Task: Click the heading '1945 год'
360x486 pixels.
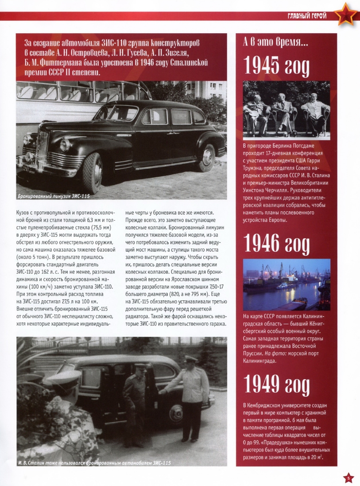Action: pyautogui.click(x=276, y=66)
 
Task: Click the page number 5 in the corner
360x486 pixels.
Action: pyautogui.click(x=348, y=478)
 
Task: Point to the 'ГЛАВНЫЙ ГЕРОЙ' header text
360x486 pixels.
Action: pyautogui.click(x=307, y=16)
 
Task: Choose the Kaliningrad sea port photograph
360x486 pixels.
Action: pyautogui.click(x=286, y=284)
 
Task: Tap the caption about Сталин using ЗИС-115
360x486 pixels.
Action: pyautogui.click(x=94, y=463)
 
